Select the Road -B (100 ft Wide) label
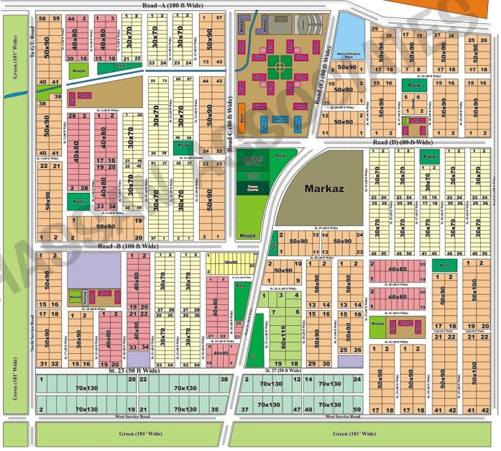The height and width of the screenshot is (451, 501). tap(128, 246)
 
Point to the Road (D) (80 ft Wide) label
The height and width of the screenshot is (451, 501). tap(402, 142)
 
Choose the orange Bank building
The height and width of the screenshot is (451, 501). tap(241, 119)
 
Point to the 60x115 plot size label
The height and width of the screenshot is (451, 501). tap(288, 339)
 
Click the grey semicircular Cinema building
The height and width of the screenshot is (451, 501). tap(303, 25)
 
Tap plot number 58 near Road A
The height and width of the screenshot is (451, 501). tap(42, 18)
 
